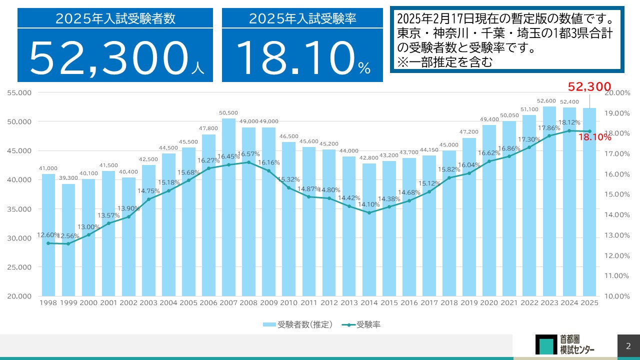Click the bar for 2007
pyautogui.click(x=228, y=210)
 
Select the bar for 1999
pyautogui.click(x=68, y=240)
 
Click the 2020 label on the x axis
pyautogui.click(x=489, y=303)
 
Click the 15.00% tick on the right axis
pyautogui.click(x=617, y=194)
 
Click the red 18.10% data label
pyautogui.click(x=594, y=137)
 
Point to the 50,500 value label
pyautogui.click(x=228, y=113)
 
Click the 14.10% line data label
pyautogui.click(x=368, y=204)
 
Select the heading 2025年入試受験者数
pyautogui.click(x=115, y=19)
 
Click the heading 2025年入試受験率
pyautogui.click(x=302, y=19)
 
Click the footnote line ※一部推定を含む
pyautogui.click(x=445, y=62)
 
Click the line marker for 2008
pyautogui.click(x=248, y=162)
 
